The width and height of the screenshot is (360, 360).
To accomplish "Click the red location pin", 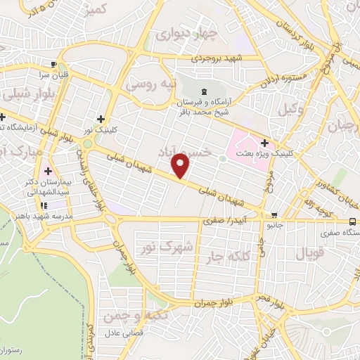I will [x=181, y=166].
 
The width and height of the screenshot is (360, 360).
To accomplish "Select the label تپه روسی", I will [x=148, y=84].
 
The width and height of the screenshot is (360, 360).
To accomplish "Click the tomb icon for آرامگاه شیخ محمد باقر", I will [x=204, y=91].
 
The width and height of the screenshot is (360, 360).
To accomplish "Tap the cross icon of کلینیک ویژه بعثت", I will [x=264, y=143].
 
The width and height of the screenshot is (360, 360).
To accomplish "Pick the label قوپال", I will [x=307, y=252].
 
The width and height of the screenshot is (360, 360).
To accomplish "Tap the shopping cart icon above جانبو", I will [x=274, y=215].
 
